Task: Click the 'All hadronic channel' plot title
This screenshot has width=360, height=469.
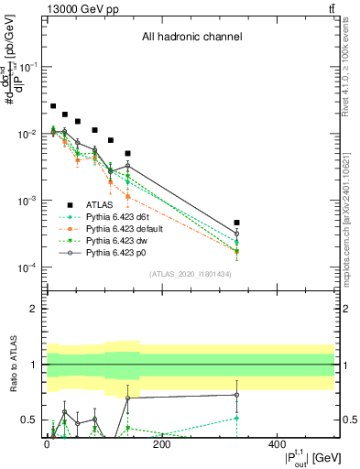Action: coord(191,38)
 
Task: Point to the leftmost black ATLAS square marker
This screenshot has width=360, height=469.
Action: coord(53,106)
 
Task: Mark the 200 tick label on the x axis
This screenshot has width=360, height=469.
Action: coord(162,445)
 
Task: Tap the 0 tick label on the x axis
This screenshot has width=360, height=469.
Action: coord(47,445)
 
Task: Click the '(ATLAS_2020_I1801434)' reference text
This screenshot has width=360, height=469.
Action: coord(191,274)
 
